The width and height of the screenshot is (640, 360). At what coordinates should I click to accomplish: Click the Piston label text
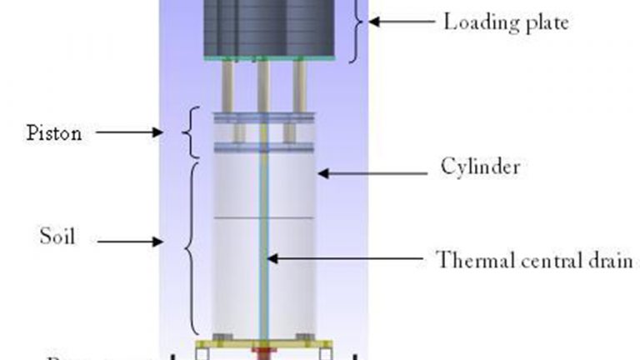pyautogui.click(x=54, y=132)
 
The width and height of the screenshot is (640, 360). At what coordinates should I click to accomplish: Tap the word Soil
pyautogui.click(x=58, y=237)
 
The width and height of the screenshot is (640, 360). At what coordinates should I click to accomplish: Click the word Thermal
pyautogui.click(x=471, y=260)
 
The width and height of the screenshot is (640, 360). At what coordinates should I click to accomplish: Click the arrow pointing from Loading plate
pyautogui.click(x=397, y=21)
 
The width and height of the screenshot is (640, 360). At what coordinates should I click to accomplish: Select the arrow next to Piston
pyautogui.click(x=134, y=132)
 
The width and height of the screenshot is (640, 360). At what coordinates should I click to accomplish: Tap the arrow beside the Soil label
pyautogui.click(x=134, y=243)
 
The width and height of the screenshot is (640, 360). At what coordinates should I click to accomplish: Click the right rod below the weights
pyautogui.click(x=300, y=87)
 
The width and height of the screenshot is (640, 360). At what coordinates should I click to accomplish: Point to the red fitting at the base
pyautogui.click(x=264, y=349)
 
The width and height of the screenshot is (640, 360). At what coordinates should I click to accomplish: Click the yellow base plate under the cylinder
pyautogui.click(x=225, y=344)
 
